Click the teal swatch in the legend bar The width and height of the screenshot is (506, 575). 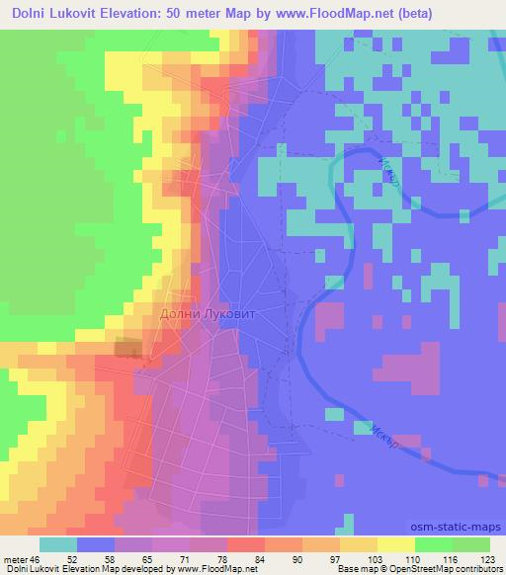(x=58, y=544)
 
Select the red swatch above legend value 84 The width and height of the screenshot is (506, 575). (x=246, y=544)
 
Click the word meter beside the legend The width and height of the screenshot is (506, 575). (x=17, y=558)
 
